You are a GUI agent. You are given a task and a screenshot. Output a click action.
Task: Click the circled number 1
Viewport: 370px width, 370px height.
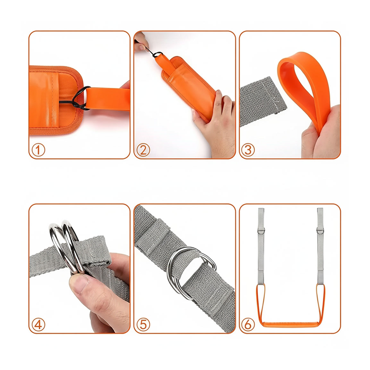point(38,149)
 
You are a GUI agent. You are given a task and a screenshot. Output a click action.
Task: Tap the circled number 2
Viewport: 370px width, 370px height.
point(143,149)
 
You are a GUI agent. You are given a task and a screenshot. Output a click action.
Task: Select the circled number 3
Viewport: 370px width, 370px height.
point(248,149)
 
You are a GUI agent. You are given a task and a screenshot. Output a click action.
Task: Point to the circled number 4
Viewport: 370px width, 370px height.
point(38,325)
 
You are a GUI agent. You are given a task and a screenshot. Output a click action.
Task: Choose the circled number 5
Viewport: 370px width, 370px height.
point(143,325)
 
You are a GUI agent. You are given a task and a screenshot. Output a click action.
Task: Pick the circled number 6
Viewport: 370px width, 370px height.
point(248,325)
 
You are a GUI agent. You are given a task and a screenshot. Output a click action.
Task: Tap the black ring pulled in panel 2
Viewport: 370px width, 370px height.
point(158,55)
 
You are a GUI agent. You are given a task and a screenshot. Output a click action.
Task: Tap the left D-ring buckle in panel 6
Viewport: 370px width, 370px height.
point(261,230)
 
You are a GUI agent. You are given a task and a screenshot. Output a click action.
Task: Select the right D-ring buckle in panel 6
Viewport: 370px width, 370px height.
point(320,230)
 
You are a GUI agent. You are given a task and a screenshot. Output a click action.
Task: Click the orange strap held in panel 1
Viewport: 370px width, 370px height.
point(108,99)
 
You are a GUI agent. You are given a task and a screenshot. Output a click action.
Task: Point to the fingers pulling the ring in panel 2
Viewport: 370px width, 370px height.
point(141,43)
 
